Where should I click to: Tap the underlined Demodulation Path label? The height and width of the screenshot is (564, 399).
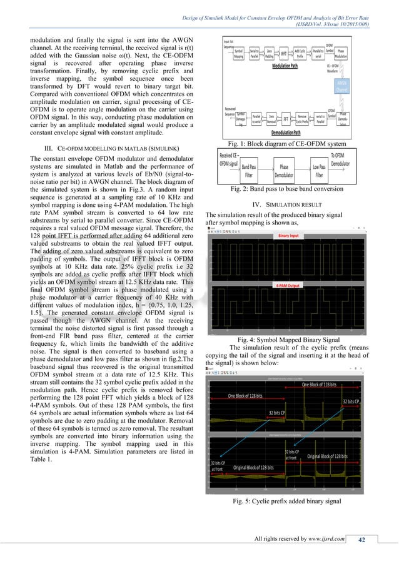(283, 133)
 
